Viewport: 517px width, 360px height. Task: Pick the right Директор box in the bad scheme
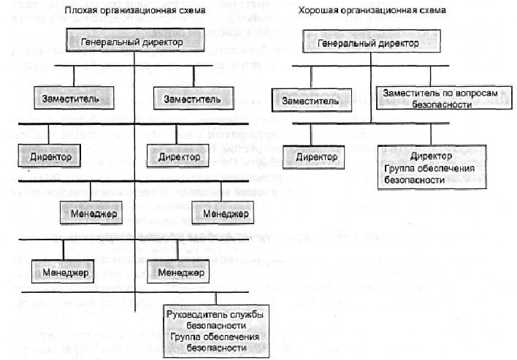point(177,156)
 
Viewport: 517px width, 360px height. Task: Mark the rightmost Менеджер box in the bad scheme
point(223,213)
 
